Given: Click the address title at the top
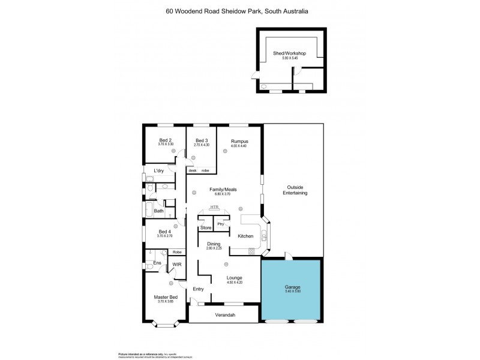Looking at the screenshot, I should (240, 11).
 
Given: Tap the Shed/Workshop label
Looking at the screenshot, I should (290, 53).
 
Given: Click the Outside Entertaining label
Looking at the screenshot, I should (297, 190).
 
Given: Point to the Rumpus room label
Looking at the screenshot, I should (239, 142).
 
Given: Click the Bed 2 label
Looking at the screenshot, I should (166, 141).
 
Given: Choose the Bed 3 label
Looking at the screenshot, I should (201, 141).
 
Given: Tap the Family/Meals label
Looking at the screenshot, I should (223, 190).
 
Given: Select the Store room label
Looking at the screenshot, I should (206, 228).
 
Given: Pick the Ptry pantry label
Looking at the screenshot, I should (221, 224).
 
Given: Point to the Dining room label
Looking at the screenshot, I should (214, 244).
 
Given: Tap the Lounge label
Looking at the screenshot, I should (234, 278).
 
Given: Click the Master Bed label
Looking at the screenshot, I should (166, 298).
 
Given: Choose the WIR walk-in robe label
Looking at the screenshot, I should (177, 264).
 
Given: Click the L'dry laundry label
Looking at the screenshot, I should (159, 171).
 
